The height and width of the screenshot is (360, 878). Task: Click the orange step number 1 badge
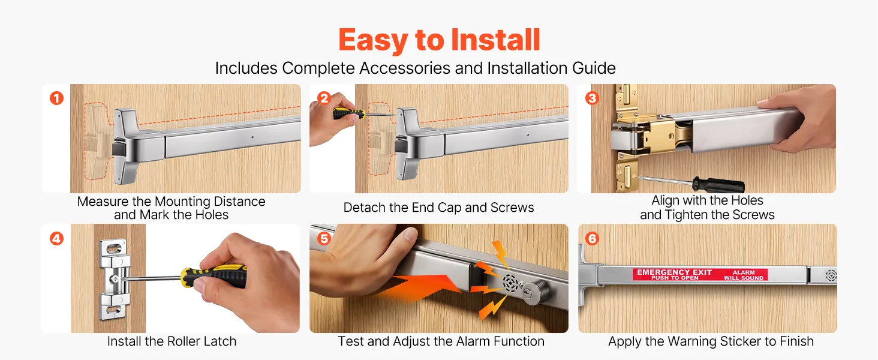pos(56,98)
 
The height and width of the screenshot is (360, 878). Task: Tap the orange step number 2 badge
pos(324,98)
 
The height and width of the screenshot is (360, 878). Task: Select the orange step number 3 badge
pos(592,98)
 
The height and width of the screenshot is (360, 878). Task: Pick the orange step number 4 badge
pos(56,238)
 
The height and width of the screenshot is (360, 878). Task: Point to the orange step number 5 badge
pos(324,238)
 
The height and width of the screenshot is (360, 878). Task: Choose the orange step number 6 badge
pos(592,238)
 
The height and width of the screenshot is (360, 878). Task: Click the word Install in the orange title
pos(495,40)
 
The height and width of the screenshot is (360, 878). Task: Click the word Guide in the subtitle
pos(594,68)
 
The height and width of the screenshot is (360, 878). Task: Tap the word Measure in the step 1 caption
pos(103,202)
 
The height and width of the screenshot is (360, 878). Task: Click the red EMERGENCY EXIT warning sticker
pos(700,275)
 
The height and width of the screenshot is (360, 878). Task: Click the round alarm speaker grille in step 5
pos(510,283)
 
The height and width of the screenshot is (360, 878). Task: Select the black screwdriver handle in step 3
pos(718,185)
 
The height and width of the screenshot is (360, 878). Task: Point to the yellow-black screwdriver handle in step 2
pos(348,114)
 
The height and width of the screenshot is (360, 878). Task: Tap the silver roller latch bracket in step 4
pos(115,279)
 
